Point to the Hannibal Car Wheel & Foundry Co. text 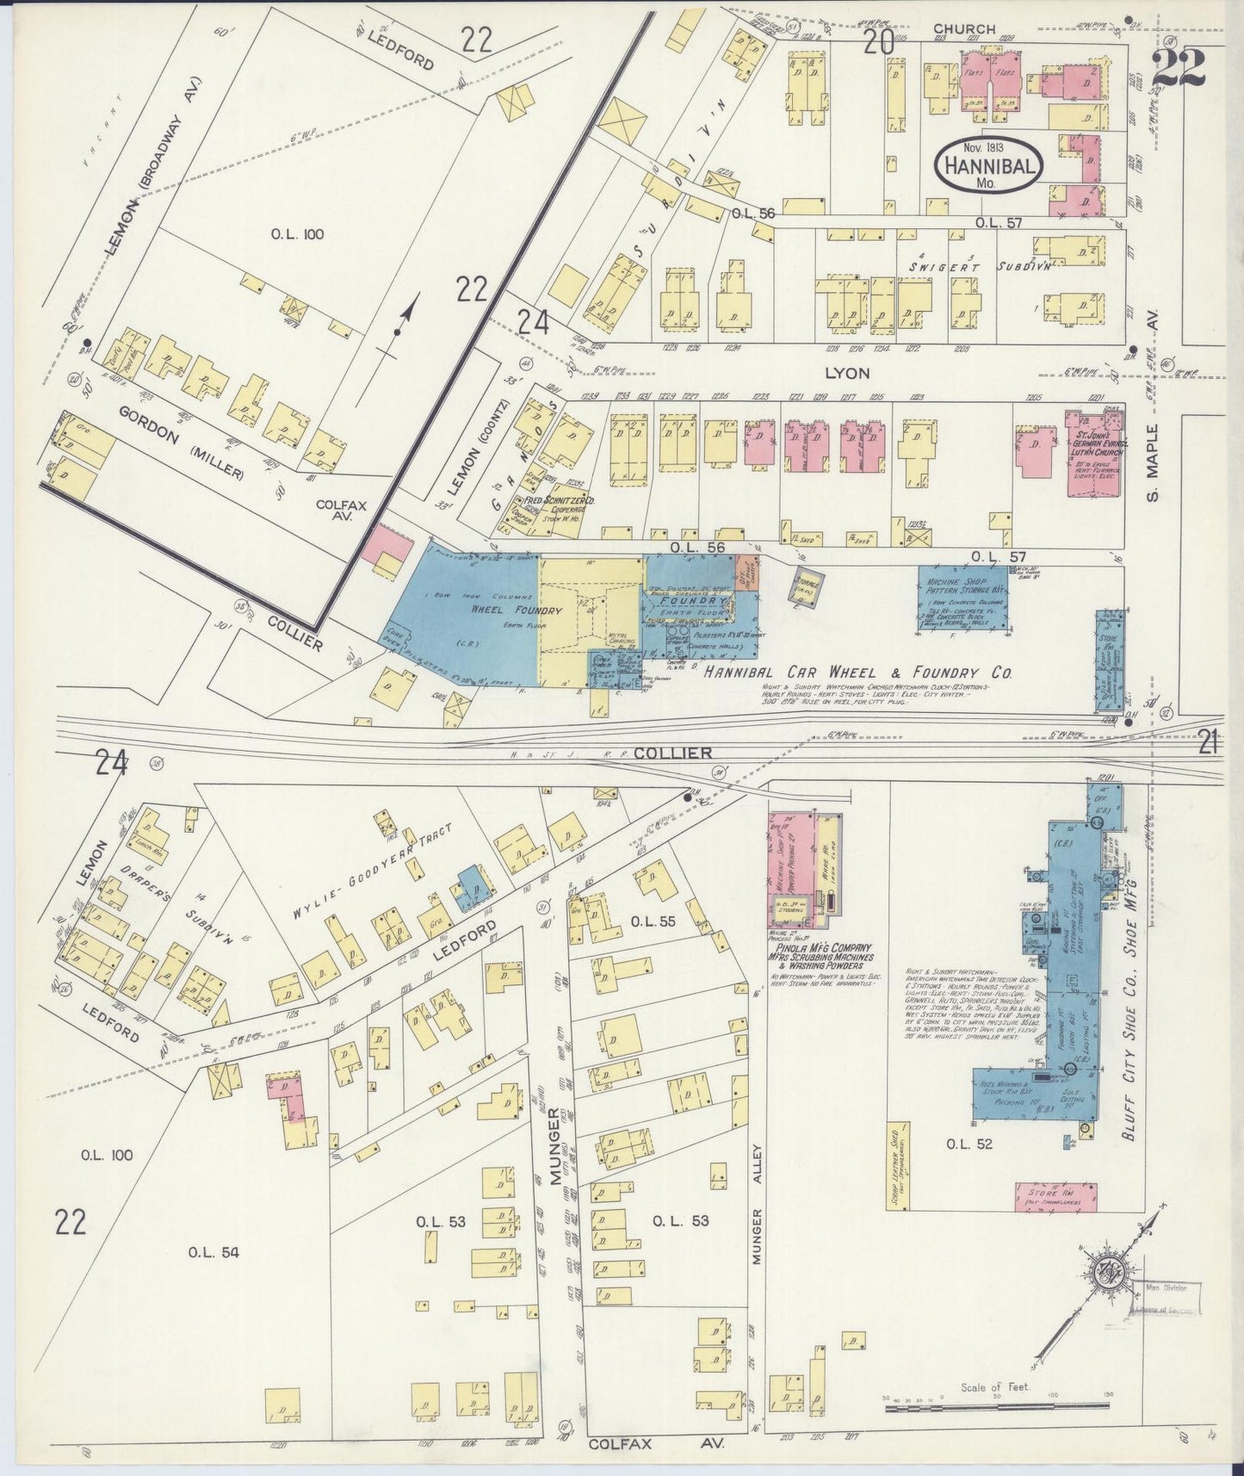(x=857, y=673)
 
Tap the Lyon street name (x=848, y=373)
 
